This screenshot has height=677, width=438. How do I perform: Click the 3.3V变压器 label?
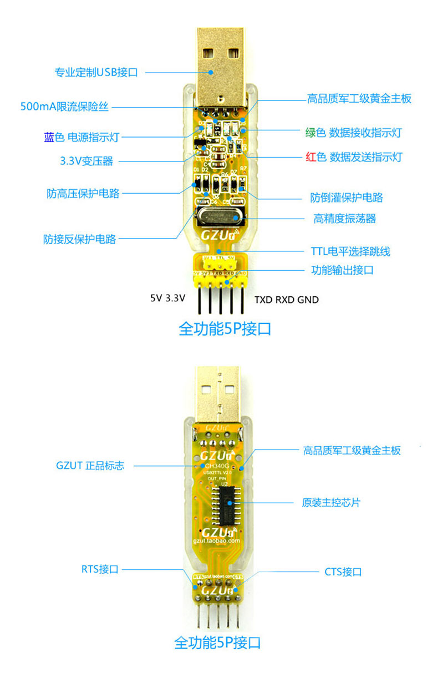pos(86,161)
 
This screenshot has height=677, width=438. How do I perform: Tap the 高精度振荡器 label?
pos(344,218)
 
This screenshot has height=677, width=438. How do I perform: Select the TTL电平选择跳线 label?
pos(350,251)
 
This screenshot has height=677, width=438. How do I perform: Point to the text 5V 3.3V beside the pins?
pos(167,297)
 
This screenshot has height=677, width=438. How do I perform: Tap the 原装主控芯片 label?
pos(331,503)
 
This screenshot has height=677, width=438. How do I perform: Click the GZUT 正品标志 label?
pos(90,466)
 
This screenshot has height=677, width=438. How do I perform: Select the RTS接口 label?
pos(100,569)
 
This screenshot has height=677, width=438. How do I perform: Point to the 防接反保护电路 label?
pos(80,239)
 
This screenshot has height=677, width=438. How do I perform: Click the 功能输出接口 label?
pos(342,271)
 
